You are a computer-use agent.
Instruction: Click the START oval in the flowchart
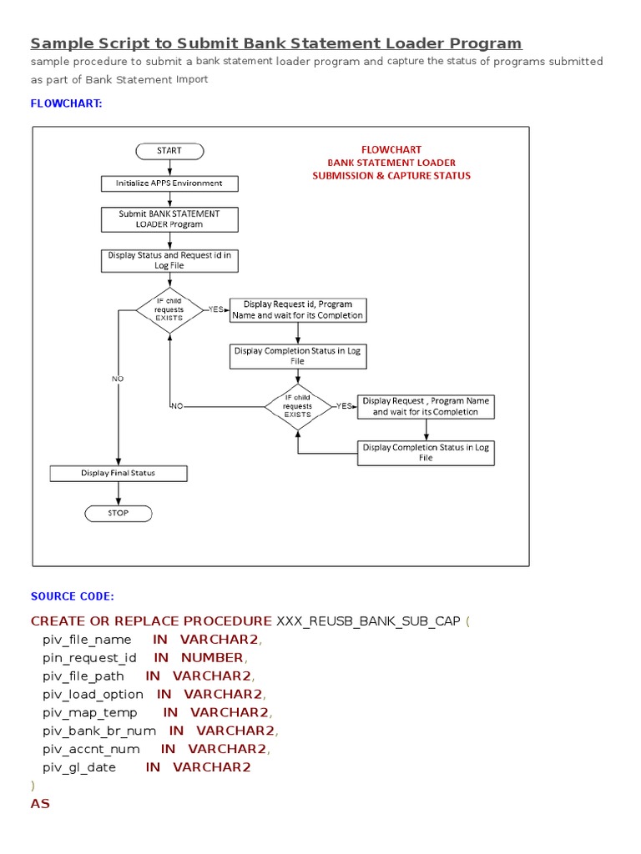click(x=169, y=151)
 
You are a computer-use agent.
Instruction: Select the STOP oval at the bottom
click(x=119, y=513)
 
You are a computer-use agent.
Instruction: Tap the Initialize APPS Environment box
click(x=169, y=183)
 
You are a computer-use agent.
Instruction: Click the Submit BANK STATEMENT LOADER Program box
click(x=169, y=219)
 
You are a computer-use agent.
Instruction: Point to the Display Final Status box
click(x=119, y=473)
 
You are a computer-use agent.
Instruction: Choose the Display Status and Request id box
click(x=169, y=260)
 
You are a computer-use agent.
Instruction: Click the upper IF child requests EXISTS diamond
click(x=169, y=309)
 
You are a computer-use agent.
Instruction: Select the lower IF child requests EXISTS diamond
click(x=298, y=406)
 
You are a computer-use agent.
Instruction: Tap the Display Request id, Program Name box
click(x=298, y=310)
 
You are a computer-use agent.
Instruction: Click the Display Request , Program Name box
click(x=426, y=406)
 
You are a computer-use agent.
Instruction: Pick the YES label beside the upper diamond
click(x=216, y=309)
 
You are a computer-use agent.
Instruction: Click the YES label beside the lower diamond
click(x=344, y=406)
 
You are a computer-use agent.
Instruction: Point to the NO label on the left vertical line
click(x=118, y=379)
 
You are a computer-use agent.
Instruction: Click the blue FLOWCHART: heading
click(x=66, y=104)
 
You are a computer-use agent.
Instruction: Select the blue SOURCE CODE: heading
click(x=72, y=596)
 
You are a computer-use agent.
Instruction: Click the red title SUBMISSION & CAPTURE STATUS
click(x=391, y=176)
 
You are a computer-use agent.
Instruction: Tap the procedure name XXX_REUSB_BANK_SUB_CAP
click(x=368, y=621)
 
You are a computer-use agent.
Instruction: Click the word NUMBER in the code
click(x=211, y=658)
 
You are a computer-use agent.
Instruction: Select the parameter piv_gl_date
click(x=79, y=767)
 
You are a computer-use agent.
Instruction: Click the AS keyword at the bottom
click(x=40, y=804)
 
